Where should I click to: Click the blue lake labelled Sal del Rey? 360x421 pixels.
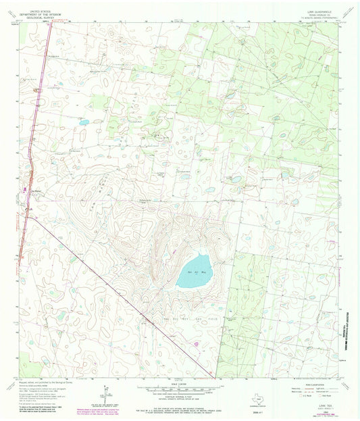(x=193, y=270)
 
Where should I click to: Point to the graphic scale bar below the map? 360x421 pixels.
(x=176, y=389)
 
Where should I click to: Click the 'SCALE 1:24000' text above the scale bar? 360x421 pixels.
(x=177, y=382)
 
